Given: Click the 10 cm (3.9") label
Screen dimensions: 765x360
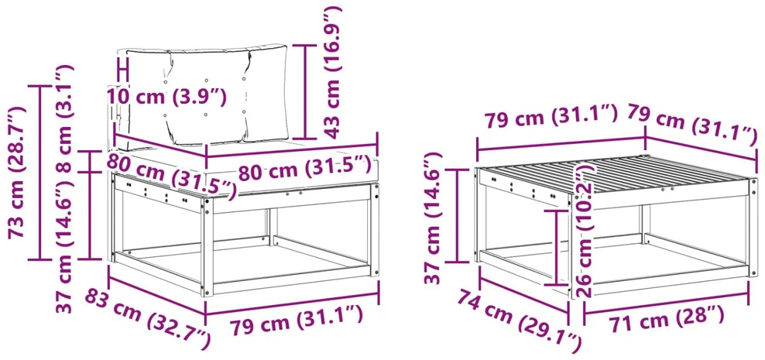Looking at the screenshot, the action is tap(166, 96).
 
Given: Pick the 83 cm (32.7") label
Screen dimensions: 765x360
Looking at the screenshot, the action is tap(147, 318).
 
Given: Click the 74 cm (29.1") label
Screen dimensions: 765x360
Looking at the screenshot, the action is tap(519, 317).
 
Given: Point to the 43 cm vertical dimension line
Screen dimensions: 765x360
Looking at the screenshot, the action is tap(306, 91).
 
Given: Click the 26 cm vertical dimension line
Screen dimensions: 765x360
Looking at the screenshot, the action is tap(557, 247).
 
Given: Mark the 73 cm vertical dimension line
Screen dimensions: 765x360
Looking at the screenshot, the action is tap(40, 173).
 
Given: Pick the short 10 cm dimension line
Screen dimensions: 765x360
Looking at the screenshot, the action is tap(123, 69).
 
